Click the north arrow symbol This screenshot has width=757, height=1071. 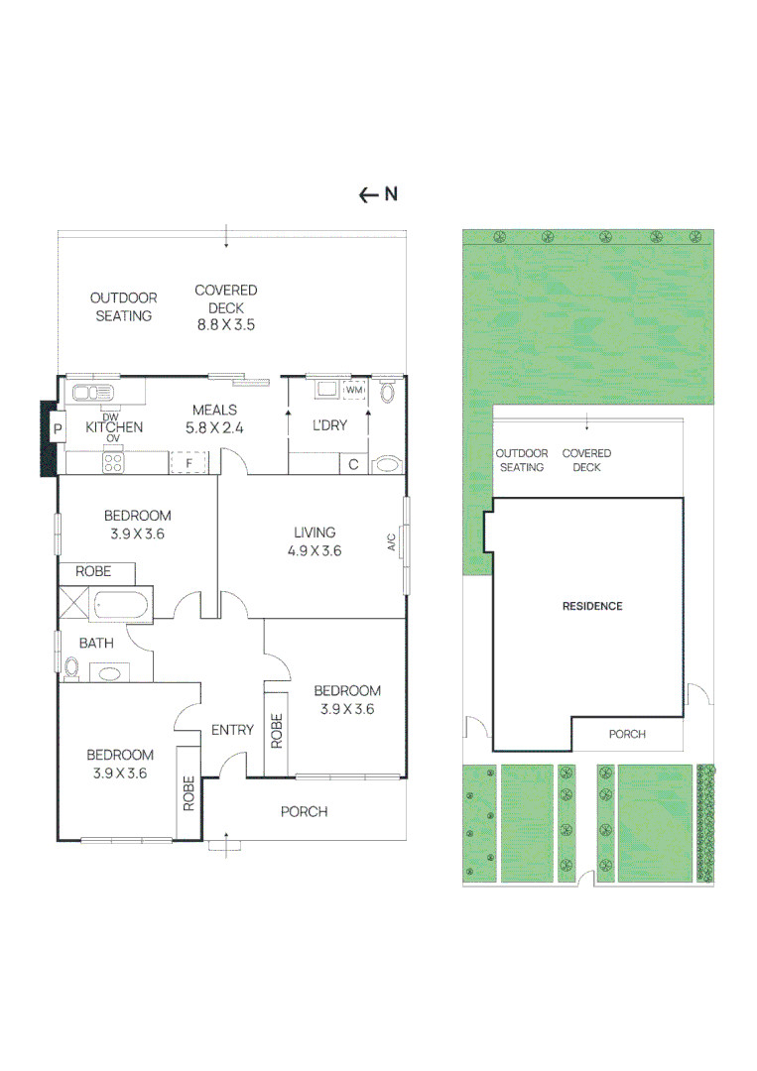378,194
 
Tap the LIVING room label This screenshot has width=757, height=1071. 315,533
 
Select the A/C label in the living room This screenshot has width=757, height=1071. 392,541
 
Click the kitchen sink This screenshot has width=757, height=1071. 93,392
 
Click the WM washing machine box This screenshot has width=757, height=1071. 354,390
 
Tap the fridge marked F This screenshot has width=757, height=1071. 189,462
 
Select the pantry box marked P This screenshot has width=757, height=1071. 58,429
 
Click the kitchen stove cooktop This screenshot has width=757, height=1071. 113,463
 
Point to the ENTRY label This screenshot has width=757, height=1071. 232,730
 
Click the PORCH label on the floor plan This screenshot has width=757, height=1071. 304,811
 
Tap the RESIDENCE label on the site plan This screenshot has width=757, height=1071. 592,606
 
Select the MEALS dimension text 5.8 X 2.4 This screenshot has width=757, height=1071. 214,428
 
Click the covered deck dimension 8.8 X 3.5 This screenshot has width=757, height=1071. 226,325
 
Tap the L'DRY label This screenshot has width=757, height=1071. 330,424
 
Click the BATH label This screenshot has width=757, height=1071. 96,643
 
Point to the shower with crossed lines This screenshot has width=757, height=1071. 73,603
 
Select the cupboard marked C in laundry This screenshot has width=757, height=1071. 353,464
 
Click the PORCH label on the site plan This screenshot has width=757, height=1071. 627,734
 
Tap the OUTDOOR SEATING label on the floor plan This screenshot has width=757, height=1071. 124,306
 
